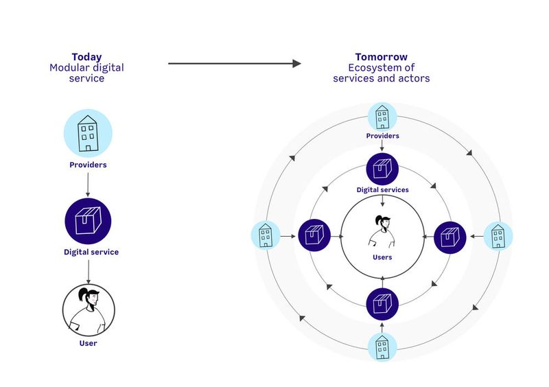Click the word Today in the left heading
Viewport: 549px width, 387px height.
(87, 57)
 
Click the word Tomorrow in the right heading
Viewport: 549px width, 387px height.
(381, 57)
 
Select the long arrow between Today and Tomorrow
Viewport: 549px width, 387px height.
(234, 64)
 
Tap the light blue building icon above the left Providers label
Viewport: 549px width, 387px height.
(87, 133)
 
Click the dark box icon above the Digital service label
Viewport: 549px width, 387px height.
(88, 220)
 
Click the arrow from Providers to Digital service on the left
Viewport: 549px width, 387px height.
(88, 184)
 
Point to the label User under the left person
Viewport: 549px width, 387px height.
(88, 343)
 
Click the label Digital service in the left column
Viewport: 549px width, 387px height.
(91, 252)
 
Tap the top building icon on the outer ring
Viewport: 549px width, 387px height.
(382, 117)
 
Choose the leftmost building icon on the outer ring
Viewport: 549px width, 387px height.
(265, 236)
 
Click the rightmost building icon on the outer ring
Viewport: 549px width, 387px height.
(498, 236)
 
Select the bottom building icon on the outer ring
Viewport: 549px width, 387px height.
(382, 347)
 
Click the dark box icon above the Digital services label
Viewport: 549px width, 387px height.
(382, 169)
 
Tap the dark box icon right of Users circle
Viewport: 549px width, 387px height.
(449, 236)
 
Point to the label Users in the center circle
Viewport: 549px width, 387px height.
(382, 257)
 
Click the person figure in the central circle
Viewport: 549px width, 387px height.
(382, 231)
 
